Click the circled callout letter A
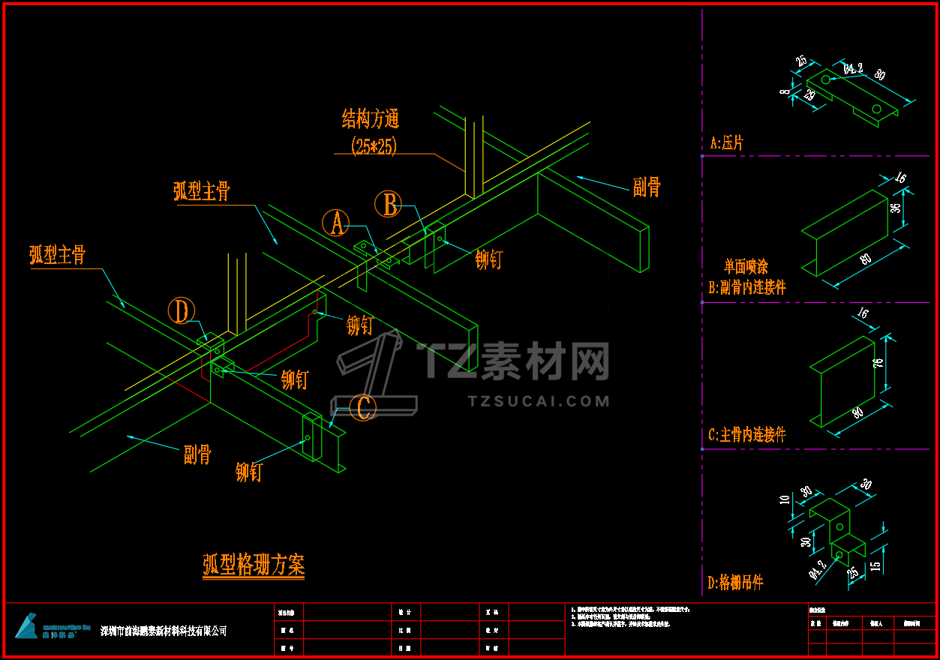(x=336, y=223)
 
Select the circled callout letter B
(x=389, y=204)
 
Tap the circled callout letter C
(x=364, y=409)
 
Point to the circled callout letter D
(x=181, y=310)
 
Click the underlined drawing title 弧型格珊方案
(x=254, y=565)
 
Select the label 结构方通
(x=371, y=118)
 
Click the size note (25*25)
(x=373, y=145)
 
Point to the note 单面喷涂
(x=746, y=266)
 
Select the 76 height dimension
(x=878, y=363)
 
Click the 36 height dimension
(x=895, y=208)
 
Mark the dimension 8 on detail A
(x=784, y=91)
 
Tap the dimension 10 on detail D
(x=785, y=499)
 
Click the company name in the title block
(x=164, y=631)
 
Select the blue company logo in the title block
(x=26, y=626)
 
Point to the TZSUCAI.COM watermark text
(x=539, y=401)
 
